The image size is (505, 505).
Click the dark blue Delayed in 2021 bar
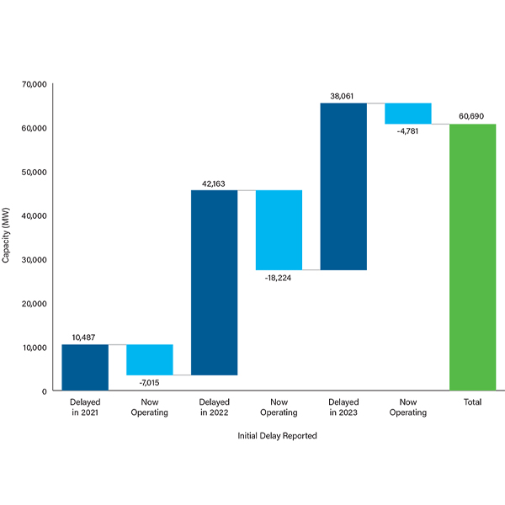click(x=85, y=367)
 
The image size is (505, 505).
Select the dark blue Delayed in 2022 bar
click(x=215, y=282)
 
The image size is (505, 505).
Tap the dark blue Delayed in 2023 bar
click(x=343, y=186)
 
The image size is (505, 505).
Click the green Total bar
click(x=472, y=257)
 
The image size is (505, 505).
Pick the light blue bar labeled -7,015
click(x=150, y=359)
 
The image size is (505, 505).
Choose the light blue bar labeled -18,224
click(x=279, y=230)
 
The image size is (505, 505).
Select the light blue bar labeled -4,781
click(x=408, y=113)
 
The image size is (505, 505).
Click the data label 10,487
click(x=85, y=338)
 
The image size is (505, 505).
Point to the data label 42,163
click(x=215, y=183)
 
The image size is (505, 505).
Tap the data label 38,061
click(x=343, y=96)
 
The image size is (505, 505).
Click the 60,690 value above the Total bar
click(x=472, y=117)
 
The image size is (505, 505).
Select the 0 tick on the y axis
click(x=44, y=391)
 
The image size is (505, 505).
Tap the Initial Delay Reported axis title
click(x=278, y=436)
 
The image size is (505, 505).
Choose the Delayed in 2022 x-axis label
click(x=215, y=407)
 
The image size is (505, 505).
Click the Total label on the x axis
click(x=472, y=402)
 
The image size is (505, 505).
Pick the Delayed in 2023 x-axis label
click(x=343, y=407)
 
